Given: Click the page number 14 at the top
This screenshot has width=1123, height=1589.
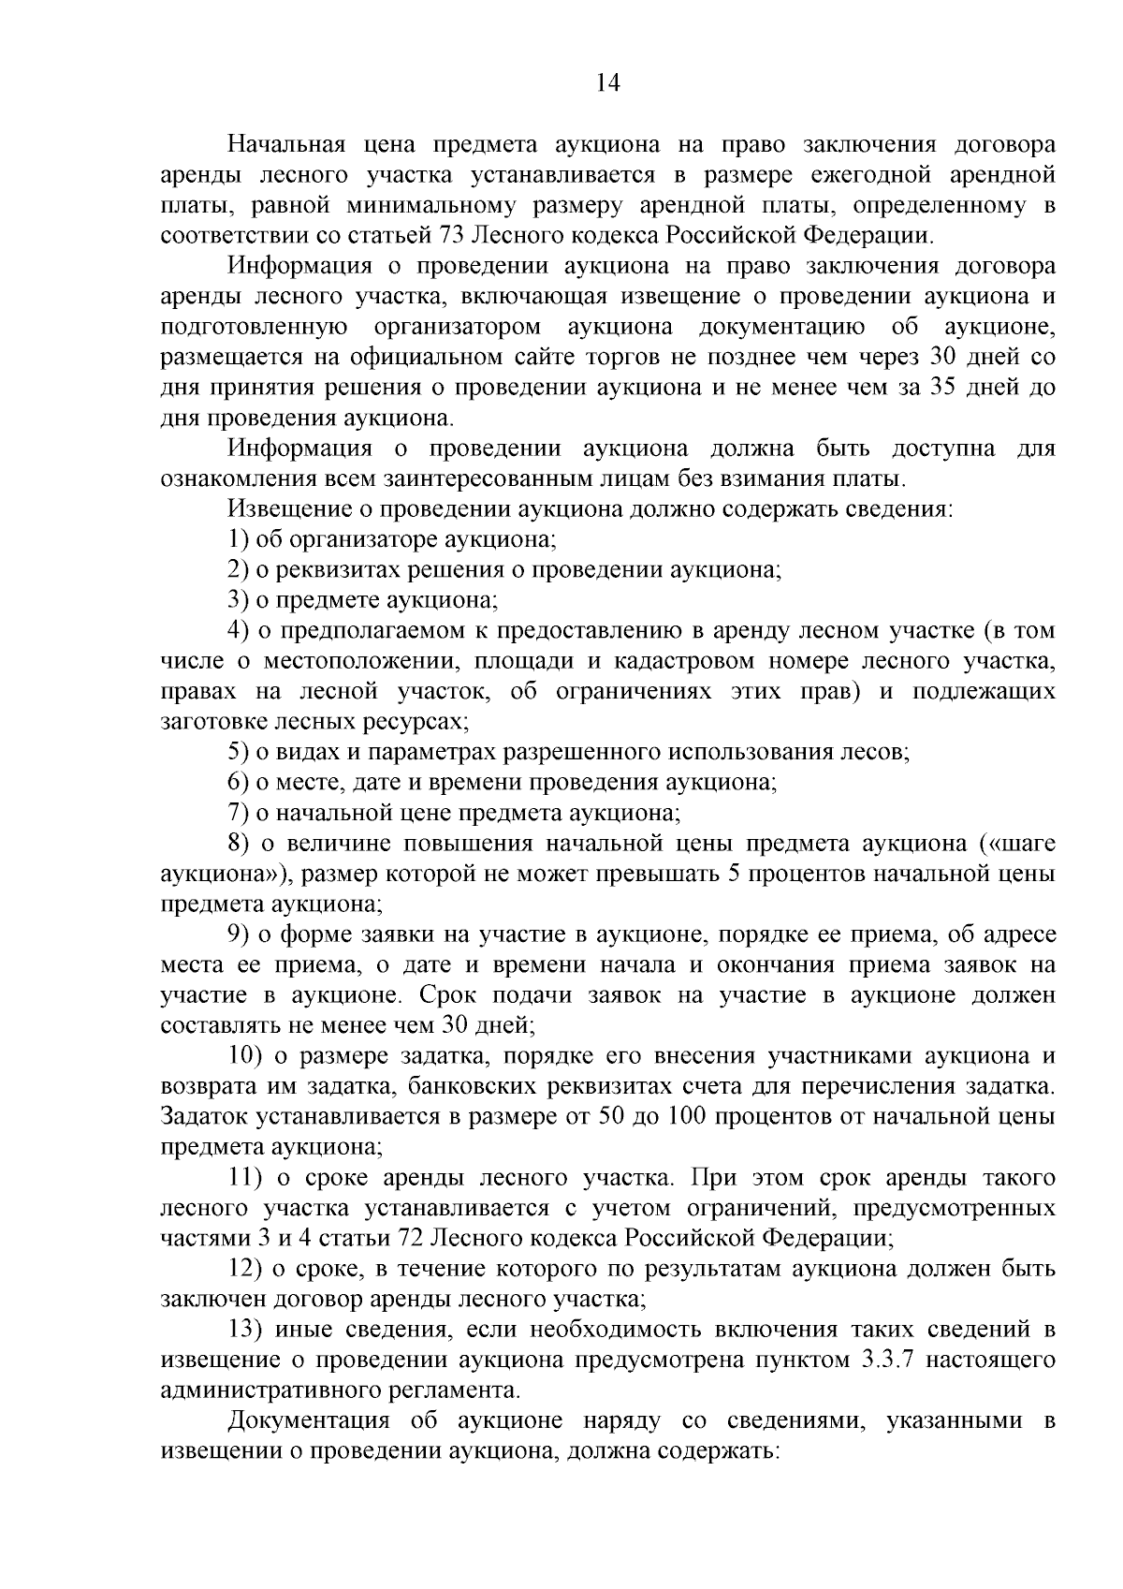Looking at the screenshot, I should [x=607, y=83].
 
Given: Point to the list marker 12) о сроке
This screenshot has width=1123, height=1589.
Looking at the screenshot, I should [x=245, y=1269].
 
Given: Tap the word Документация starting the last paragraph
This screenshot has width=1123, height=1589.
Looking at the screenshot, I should [x=308, y=1420].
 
